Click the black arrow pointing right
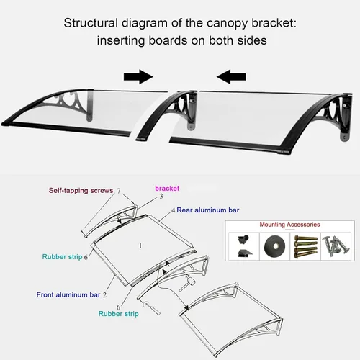pos(138,77)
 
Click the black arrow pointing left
pos(231,77)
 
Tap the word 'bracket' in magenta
pos(167,189)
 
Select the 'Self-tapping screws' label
pos(81,191)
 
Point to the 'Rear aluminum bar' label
pos(208,210)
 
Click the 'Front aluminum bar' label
pos(68,294)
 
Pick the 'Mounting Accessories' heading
pos(289,225)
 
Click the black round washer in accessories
pos(275,246)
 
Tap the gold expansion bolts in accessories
pos(305,246)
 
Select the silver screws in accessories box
pos(336,246)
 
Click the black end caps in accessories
pos(244,246)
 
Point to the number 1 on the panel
pos(140,246)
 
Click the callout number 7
pos(119,191)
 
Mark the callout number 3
pos(161,197)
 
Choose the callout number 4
pos(173,210)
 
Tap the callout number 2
pos(104,295)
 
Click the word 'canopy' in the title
pos(227,24)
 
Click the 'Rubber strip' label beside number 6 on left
pos(63,257)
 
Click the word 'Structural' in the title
pos(91,23)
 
